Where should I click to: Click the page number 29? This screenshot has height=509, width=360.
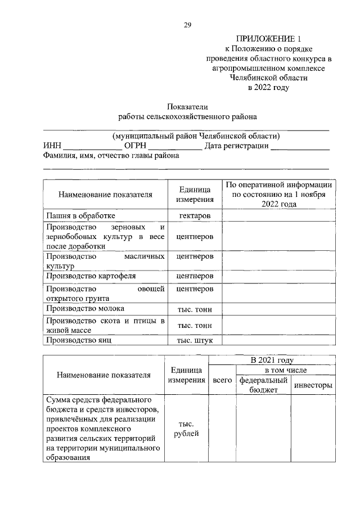(x=187, y=25)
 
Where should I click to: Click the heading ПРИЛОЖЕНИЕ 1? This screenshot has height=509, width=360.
(x=269, y=39)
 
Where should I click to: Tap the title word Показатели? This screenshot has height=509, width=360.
(x=187, y=107)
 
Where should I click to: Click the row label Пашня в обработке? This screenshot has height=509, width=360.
(x=80, y=215)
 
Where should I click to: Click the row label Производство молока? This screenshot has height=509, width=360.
(x=85, y=308)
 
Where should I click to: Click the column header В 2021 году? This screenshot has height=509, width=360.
(x=272, y=360)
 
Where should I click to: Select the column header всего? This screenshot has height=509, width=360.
(x=222, y=381)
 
